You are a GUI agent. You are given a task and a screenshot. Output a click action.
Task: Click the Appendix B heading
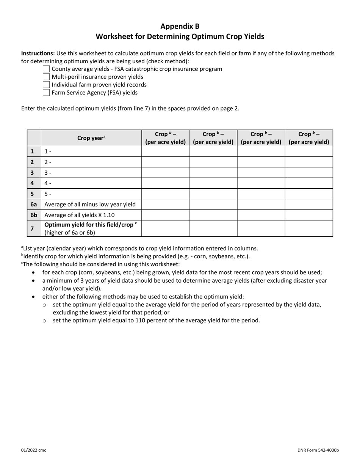[180, 26]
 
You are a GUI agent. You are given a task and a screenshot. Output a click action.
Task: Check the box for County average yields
[46, 69]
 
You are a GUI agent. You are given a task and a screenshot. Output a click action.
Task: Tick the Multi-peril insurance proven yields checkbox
[46, 77]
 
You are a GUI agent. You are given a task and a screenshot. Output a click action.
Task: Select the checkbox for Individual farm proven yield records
[46, 85]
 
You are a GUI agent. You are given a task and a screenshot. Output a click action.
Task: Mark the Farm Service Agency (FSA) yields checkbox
[46, 92]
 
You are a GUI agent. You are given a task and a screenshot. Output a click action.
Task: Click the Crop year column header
[91, 138]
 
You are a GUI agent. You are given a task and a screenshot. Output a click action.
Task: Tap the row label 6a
[34, 205]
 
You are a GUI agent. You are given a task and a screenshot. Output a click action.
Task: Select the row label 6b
[34, 215]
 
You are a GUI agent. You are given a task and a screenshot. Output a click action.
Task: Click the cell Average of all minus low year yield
[90, 205]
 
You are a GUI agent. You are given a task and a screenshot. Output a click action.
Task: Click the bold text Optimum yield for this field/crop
[90, 225]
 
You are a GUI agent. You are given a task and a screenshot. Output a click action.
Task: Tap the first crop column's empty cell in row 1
[165, 152]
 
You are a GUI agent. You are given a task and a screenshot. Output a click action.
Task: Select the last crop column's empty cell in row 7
[308, 228]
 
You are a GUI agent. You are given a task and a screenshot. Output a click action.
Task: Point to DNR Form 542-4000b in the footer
[318, 450]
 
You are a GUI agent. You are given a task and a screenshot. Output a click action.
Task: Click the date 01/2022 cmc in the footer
[34, 450]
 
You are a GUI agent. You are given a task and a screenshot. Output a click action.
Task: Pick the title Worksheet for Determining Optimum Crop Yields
[180, 37]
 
